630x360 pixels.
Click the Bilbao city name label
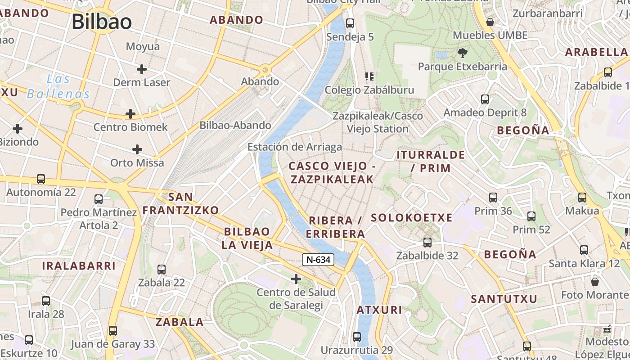102,22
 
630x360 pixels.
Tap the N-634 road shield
318,259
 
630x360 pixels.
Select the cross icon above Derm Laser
142,69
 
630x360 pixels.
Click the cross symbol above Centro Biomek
130,114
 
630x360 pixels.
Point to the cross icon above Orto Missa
137,149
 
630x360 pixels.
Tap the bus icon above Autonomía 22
41,179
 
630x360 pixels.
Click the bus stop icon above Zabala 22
161,270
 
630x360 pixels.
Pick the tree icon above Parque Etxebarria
462,54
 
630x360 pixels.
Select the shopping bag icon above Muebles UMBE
490,22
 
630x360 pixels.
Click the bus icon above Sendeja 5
350,23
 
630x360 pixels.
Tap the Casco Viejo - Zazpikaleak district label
332,172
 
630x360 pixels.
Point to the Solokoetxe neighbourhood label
411,218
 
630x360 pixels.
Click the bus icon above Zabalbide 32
427,243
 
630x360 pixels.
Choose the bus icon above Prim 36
493,198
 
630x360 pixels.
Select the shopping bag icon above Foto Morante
595,282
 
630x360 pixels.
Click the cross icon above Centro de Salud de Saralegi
296,279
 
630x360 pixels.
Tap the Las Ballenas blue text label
58,86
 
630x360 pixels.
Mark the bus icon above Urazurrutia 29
356,337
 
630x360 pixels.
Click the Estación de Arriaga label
295,147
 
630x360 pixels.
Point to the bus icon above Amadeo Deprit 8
485,99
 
